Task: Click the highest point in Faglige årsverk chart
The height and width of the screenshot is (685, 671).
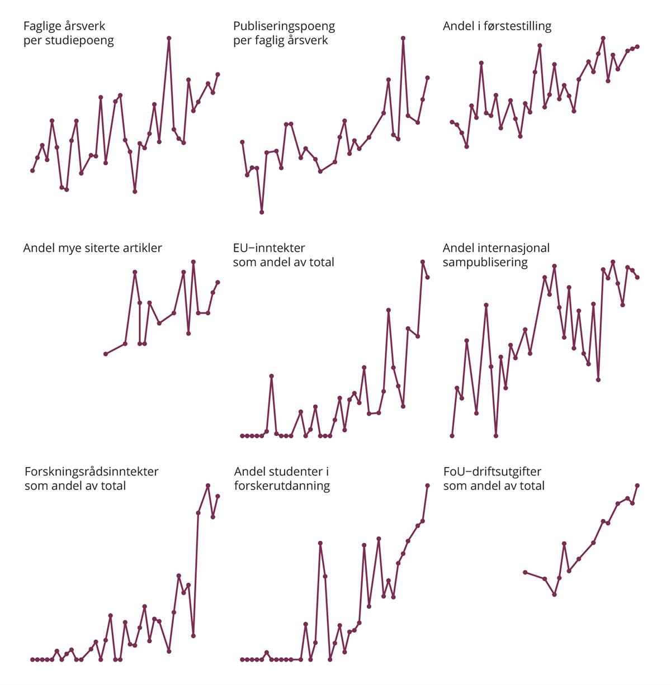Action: point(169,38)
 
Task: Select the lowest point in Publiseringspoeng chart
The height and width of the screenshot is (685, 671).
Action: point(262,212)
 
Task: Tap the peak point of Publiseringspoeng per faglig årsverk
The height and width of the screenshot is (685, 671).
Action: point(403,38)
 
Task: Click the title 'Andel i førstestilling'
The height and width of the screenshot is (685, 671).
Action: point(497,26)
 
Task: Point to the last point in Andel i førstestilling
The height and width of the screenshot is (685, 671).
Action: point(637,46)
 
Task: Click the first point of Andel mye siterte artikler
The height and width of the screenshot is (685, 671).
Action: point(105,354)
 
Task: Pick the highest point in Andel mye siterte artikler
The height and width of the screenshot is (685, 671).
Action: point(193,261)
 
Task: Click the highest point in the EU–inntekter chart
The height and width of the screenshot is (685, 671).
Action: point(423,261)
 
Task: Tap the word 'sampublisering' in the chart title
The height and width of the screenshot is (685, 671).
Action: point(485,262)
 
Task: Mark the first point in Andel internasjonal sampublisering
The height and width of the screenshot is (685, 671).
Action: point(452,436)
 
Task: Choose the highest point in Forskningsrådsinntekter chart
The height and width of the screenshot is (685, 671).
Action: point(208,486)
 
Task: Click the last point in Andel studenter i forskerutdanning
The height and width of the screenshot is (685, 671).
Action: point(428,486)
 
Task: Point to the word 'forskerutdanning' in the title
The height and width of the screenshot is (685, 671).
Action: point(282,486)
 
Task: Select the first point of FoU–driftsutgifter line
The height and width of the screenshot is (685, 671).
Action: point(524,572)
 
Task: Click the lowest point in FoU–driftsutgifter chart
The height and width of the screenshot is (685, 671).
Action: point(555,594)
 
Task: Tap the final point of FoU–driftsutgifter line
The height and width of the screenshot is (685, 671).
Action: point(637,486)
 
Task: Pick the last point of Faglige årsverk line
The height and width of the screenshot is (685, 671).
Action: point(218,74)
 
